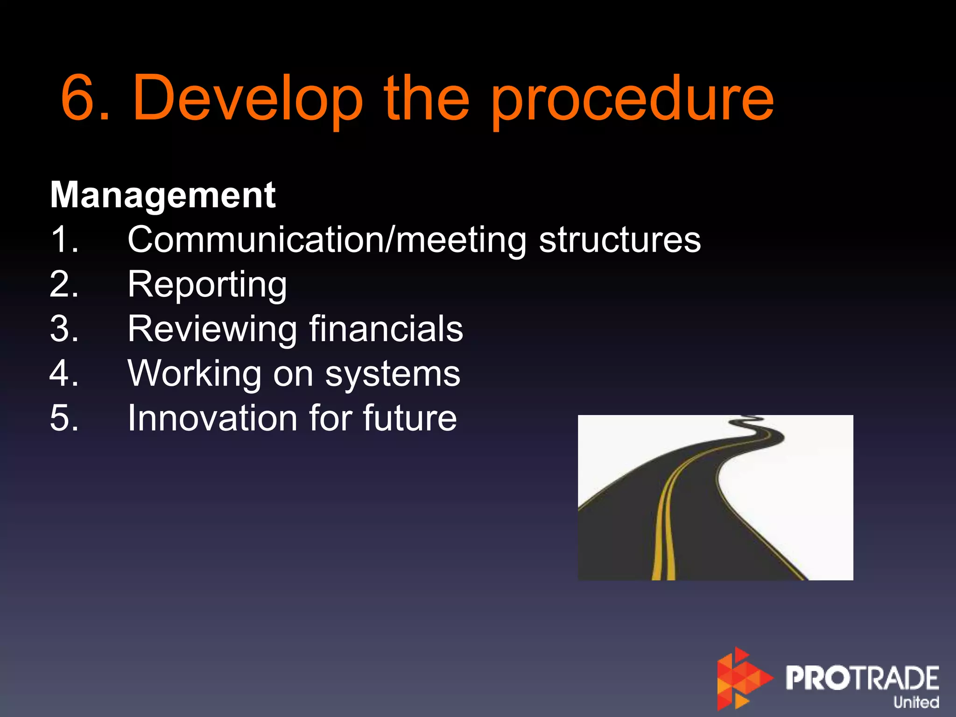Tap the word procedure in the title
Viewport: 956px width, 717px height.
click(632, 100)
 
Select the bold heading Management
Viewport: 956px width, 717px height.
click(163, 195)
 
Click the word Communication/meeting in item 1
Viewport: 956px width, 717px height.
click(327, 240)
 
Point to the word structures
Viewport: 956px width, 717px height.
click(619, 240)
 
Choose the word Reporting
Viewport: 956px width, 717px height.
click(207, 285)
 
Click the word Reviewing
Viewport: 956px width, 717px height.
click(212, 330)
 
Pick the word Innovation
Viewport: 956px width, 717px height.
click(212, 418)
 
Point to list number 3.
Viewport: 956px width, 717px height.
click(64, 329)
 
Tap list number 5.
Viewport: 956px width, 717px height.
click(64, 418)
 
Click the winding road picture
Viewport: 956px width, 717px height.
click(715, 498)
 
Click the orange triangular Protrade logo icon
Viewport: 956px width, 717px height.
click(742, 678)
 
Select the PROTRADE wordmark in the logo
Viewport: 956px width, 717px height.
click(862, 678)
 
